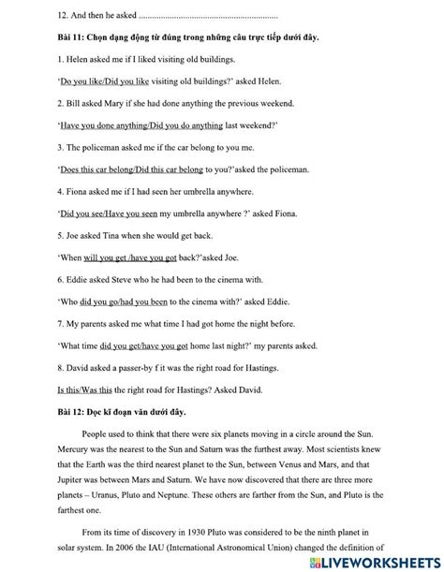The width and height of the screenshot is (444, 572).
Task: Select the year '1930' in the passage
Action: click(x=213, y=531)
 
